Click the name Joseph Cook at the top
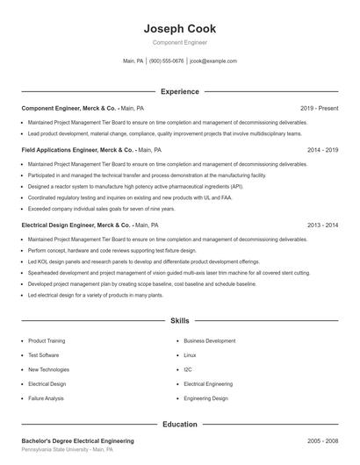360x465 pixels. tap(179, 29)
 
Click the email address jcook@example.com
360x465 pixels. tap(213, 61)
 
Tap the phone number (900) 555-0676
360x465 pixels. tap(167, 61)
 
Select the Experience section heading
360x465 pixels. tap(179, 91)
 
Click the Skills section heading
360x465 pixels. tap(179, 322)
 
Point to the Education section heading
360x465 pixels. tap(179, 425)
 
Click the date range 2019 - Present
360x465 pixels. tap(319, 108)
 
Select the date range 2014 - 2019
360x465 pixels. tap(322, 150)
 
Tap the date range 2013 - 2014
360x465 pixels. tap(322, 225)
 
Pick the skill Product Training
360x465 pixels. tap(47, 340)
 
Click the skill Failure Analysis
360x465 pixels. tap(46, 398)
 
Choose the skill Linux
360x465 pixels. tap(190, 355)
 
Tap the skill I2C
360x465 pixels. tap(188, 369)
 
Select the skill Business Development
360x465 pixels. tap(209, 340)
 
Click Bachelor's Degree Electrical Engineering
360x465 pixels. tap(77, 440)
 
